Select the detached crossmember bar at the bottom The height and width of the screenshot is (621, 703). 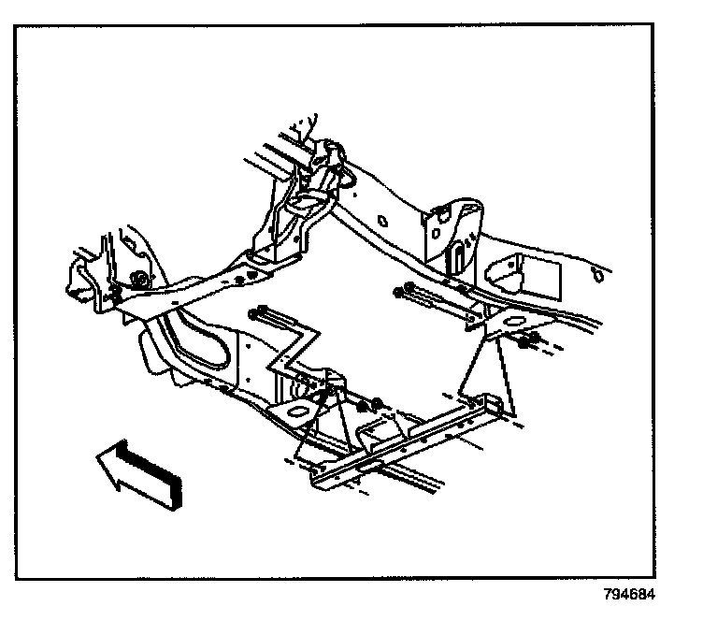(x=411, y=440)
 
